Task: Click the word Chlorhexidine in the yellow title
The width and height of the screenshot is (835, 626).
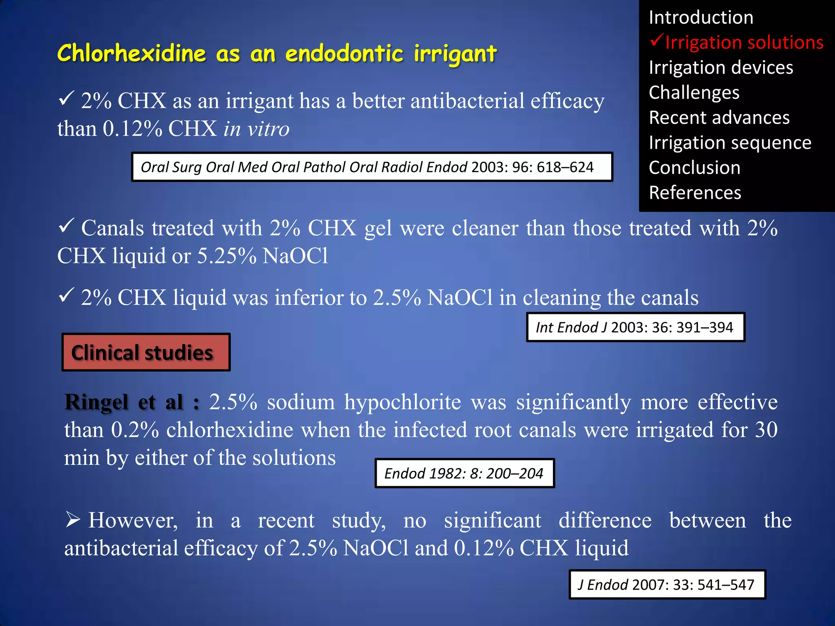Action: pos(131,53)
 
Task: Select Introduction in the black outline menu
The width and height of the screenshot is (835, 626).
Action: pos(701,18)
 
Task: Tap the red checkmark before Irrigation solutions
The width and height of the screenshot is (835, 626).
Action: pos(656,41)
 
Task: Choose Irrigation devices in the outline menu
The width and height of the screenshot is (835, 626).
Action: pos(721,68)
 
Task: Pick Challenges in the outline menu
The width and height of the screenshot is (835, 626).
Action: pos(694,93)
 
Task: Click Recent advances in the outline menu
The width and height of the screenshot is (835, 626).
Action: pos(719,118)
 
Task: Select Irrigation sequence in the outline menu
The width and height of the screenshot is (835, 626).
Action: pos(730,143)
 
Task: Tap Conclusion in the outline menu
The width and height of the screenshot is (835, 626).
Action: pos(694,168)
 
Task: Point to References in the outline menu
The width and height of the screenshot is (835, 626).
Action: pos(695,193)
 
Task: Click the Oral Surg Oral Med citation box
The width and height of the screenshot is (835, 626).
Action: pos(372,167)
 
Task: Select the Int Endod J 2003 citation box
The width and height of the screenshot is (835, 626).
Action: pos(635,327)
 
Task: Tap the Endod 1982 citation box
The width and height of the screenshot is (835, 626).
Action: pos(464,473)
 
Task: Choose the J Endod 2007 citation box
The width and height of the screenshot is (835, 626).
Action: pos(667,584)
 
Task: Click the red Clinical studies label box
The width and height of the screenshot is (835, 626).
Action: pos(146,353)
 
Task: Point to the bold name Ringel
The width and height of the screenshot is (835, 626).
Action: pos(96,402)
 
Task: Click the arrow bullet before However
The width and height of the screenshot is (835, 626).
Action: pos(73,520)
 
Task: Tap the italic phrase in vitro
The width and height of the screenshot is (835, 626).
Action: pos(256,129)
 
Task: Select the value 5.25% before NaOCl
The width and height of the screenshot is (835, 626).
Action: pos(227,256)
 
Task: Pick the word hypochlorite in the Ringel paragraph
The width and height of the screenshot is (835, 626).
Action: pos(403,402)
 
